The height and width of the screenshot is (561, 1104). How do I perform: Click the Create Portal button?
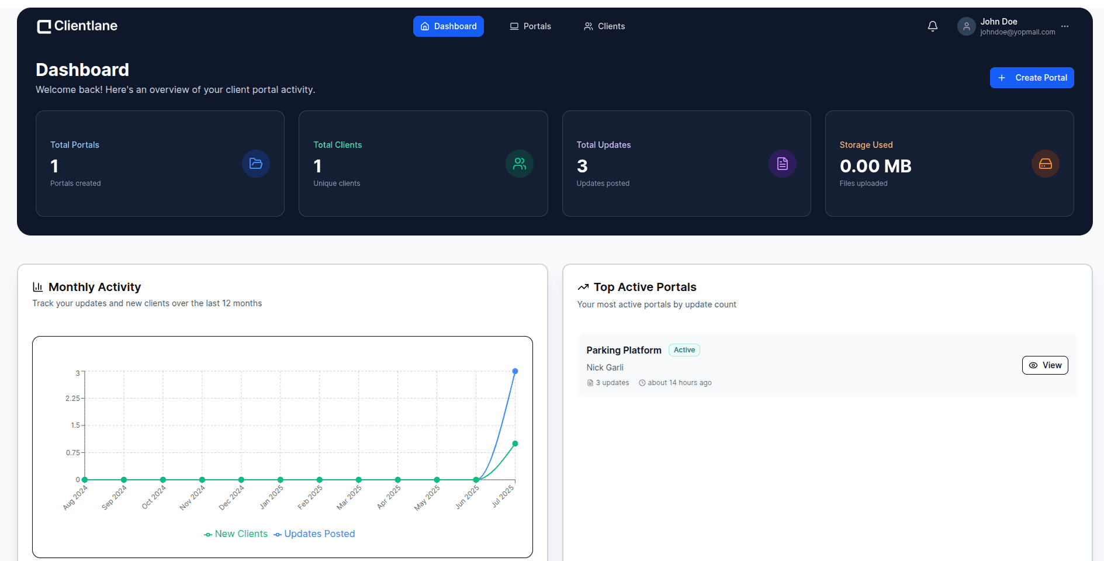(x=1032, y=78)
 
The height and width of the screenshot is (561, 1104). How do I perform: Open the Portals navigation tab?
(x=530, y=26)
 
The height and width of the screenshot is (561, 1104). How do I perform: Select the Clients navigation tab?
(x=604, y=26)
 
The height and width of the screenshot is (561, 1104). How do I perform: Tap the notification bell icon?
(x=933, y=26)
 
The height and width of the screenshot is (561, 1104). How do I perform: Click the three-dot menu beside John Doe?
(x=1065, y=26)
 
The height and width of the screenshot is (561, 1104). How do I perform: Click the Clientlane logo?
(x=77, y=26)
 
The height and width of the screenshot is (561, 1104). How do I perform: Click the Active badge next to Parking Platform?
(x=684, y=350)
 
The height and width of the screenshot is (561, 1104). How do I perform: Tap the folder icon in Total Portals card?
(x=256, y=164)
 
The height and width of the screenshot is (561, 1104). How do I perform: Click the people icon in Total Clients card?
(x=520, y=164)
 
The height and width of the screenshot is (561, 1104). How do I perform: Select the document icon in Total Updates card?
(x=783, y=164)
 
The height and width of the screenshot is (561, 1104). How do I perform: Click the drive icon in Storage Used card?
(x=1046, y=164)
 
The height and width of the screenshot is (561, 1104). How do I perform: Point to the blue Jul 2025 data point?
(x=515, y=371)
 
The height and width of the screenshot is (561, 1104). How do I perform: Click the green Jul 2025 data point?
(x=515, y=444)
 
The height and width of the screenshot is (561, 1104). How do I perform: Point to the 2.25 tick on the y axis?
(x=72, y=399)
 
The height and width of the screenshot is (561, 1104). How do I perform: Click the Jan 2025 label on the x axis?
(x=272, y=497)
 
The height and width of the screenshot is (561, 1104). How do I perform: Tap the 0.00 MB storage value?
(x=875, y=166)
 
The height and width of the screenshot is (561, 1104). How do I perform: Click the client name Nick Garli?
(x=605, y=368)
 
